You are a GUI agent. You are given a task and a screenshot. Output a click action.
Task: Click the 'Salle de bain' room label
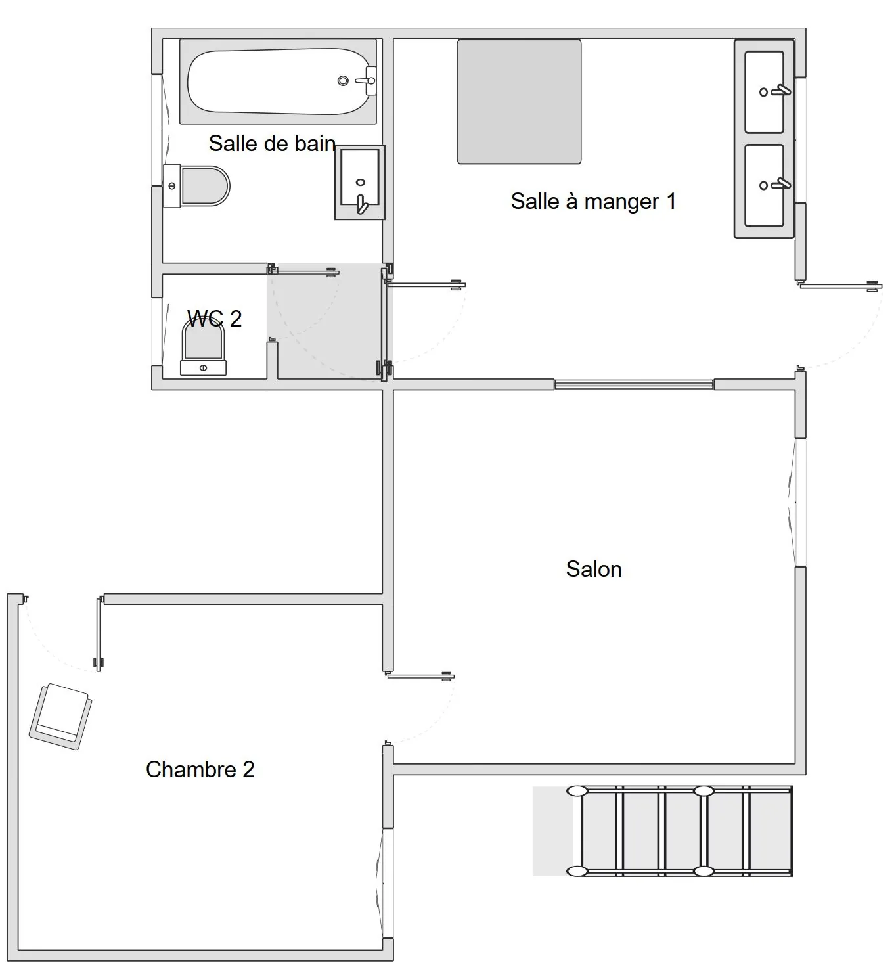(x=272, y=143)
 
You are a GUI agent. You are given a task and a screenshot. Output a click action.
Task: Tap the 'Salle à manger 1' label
(x=593, y=201)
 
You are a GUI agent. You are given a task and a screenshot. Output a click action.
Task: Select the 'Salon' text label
(x=594, y=569)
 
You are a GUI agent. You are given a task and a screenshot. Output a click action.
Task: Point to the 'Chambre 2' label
(x=200, y=769)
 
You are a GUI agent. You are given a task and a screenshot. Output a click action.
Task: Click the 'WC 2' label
(x=214, y=319)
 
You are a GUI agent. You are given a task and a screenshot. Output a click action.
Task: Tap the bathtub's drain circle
(x=343, y=81)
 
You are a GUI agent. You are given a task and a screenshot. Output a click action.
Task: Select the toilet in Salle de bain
(x=197, y=186)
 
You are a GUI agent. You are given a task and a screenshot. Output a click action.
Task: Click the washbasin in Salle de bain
(x=359, y=182)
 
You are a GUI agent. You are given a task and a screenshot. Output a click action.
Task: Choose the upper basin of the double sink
(x=764, y=92)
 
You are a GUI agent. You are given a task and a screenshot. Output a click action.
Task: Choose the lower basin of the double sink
(x=764, y=185)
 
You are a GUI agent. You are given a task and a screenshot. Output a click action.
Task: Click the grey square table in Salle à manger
(x=519, y=101)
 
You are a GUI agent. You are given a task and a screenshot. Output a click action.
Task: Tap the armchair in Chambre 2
(x=60, y=716)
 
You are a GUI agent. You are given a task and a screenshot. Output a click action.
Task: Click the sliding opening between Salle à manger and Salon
(x=634, y=384)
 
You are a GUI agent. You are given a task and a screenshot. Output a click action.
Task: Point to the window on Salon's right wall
(x=800, y=503)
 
